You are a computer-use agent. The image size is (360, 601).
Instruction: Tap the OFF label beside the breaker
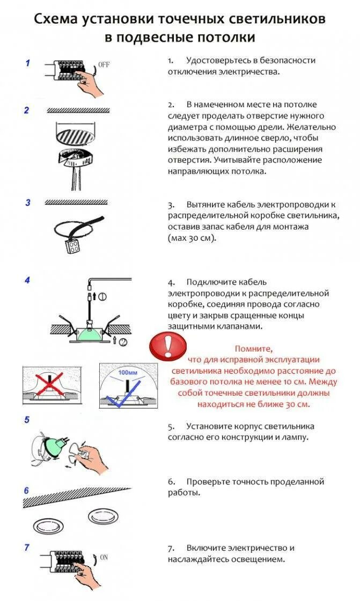104,65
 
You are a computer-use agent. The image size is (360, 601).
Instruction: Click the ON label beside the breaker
104,557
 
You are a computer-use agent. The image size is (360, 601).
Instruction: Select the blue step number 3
28,203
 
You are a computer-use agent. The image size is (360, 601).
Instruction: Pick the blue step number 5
27,420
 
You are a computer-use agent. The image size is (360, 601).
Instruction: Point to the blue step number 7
27,547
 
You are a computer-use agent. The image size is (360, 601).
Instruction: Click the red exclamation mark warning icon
167,346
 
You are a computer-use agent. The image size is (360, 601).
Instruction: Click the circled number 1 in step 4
102,296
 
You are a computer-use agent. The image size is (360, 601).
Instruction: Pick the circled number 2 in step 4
123,342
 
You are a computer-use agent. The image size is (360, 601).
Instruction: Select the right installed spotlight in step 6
102,516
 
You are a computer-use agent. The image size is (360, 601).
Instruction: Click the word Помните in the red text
254,348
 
